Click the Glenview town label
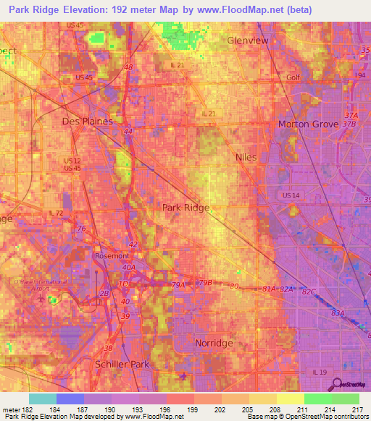coord(248,41)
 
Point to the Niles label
coord(246,157)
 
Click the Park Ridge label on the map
coord(185,208)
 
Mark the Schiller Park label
coord(122,364)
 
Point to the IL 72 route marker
coord(56,213)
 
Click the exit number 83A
coord(338,312)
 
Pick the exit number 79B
coord(205,282)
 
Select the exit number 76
coord(81,229)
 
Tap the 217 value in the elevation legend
coord(355,410)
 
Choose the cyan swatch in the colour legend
coord(42,399)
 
